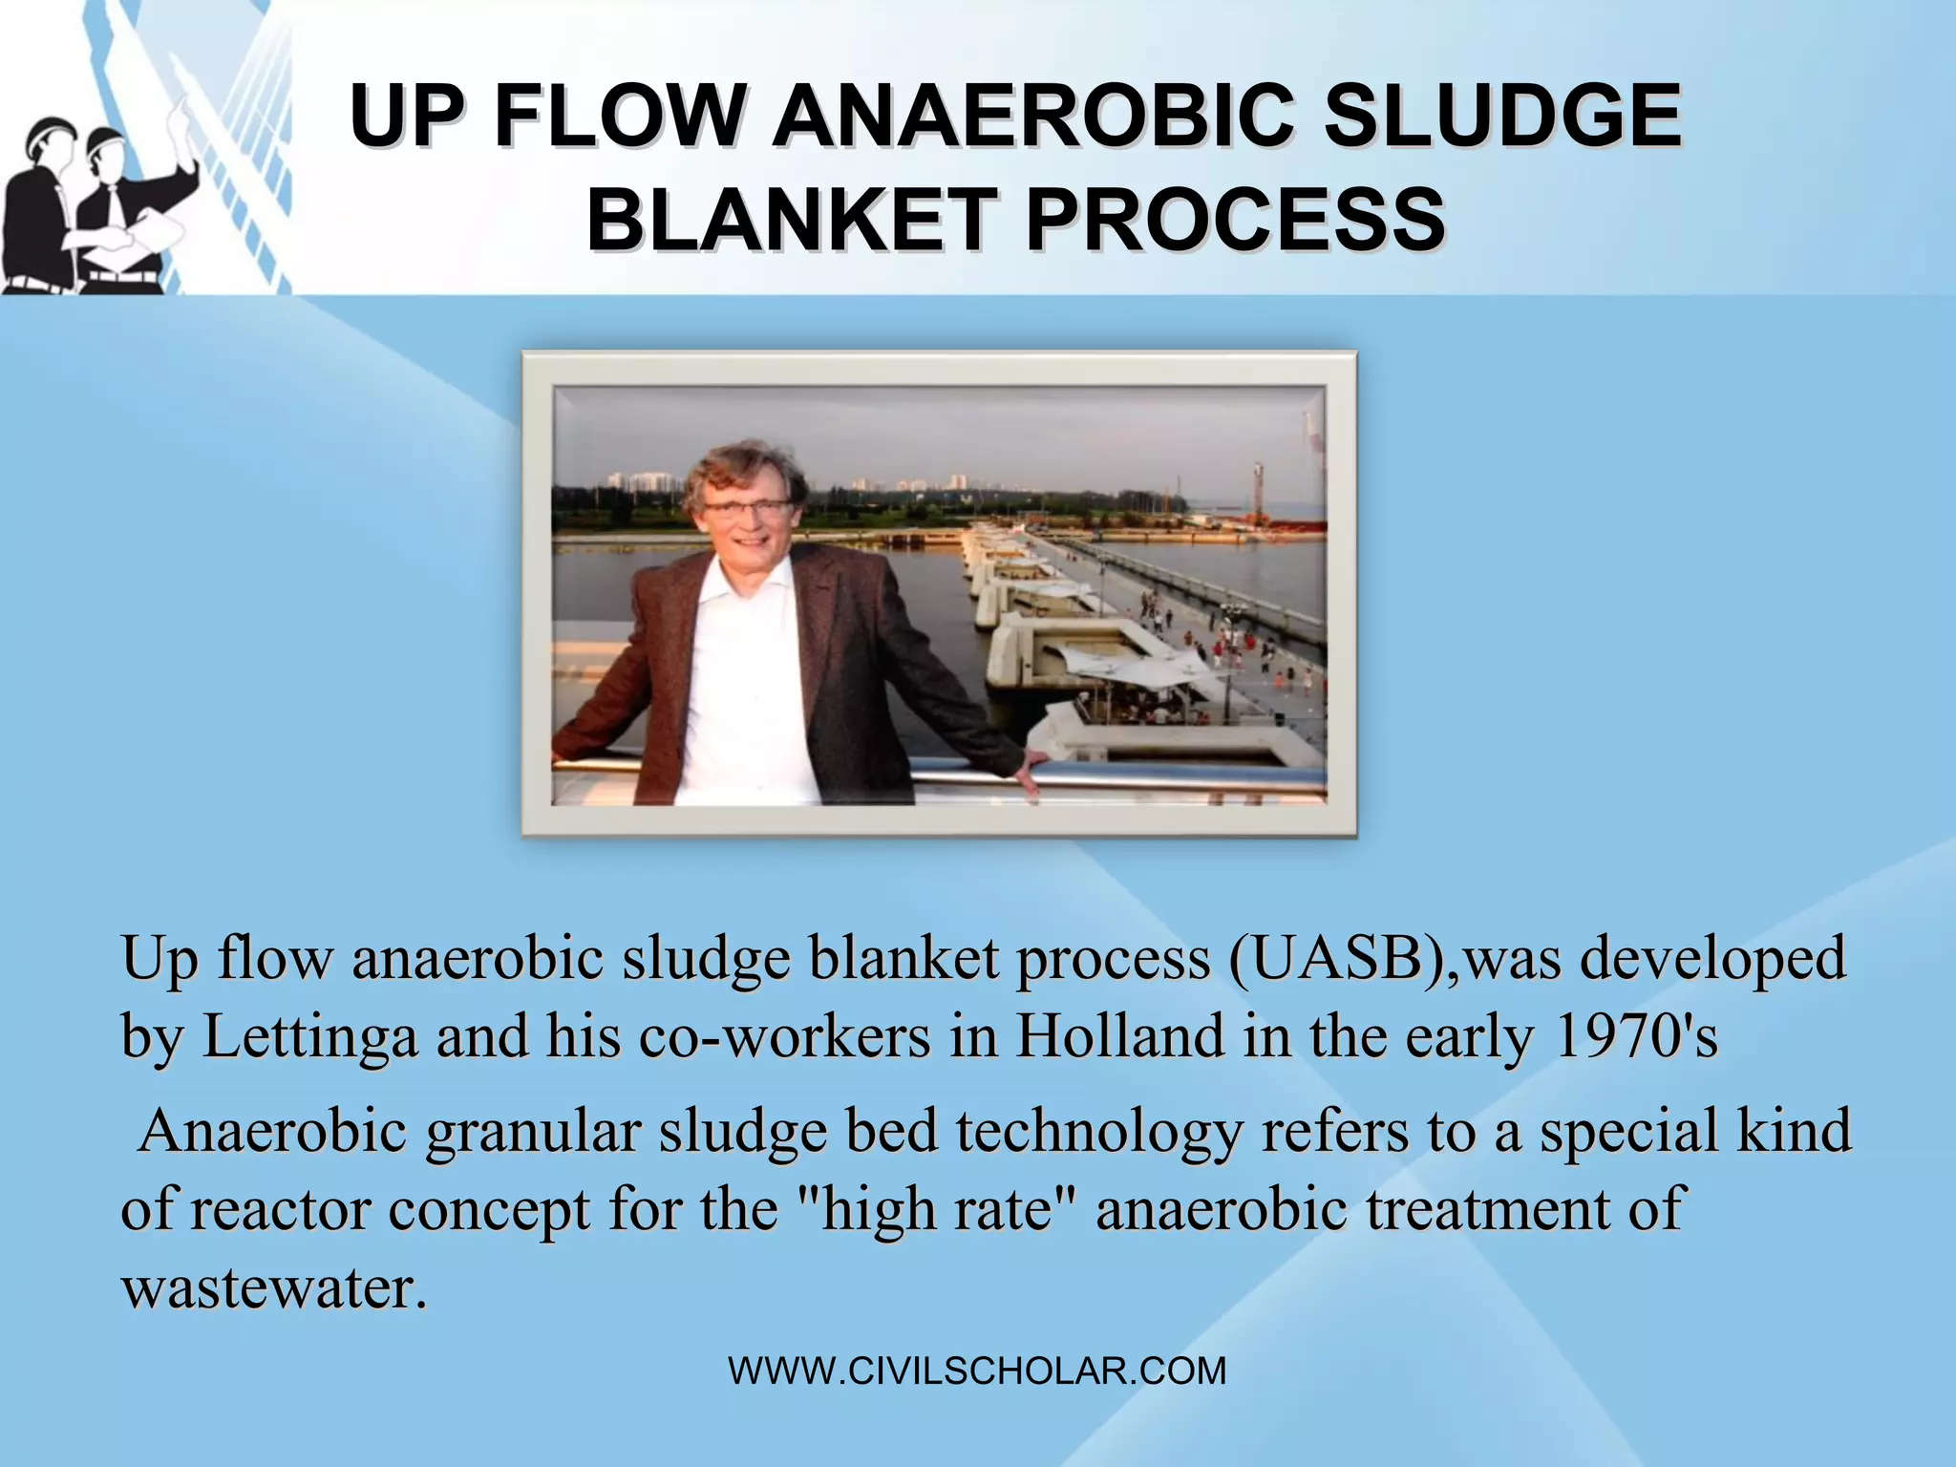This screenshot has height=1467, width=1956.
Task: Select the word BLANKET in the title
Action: [x=792, y=220]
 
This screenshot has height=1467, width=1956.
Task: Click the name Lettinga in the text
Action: [x=310, y=1036]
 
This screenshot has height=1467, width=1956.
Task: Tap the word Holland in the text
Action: [x=1118, y=1036]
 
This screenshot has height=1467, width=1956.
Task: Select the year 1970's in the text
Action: [x=1637, y=1036]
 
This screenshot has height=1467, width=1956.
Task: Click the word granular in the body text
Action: [x=532, y=1131]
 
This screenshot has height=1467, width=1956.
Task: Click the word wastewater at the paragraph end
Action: [x=272, y=1287]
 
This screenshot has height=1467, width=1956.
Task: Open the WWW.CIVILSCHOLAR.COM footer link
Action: [x=977, y=1371]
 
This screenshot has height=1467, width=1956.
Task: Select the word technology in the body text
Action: [x=1098, y=1131]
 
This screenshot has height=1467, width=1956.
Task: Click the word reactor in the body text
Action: [x=279, y=1209]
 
